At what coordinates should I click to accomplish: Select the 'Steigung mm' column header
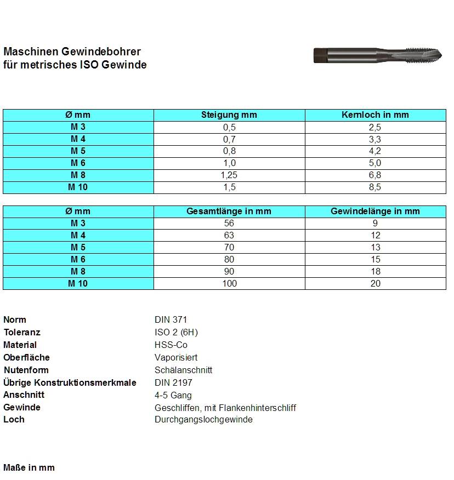coord(229,115)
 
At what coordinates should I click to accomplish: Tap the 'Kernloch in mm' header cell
coord(375,115)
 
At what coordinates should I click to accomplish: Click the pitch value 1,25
coord(229,175)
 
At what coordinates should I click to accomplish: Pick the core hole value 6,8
coord(375,175)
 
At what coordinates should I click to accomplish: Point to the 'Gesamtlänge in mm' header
coord(229,212)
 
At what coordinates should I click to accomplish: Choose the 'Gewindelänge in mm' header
coord(375,212)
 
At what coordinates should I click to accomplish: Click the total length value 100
coord(229,284)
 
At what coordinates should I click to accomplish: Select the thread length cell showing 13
coord(375,248)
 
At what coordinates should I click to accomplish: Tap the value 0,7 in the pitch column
coord(229,139)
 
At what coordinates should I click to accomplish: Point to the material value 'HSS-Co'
coord(171,345)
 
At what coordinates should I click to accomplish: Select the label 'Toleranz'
coord(22,333)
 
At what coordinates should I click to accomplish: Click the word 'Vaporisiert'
coord(176,358)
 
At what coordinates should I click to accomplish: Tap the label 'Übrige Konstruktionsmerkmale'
coord(70,382)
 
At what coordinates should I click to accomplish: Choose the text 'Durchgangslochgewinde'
coord(203,420)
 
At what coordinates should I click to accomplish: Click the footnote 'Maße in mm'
coord(29,468)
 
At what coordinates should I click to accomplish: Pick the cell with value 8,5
coord(375,187)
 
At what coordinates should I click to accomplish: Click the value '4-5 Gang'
coord(173,395)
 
